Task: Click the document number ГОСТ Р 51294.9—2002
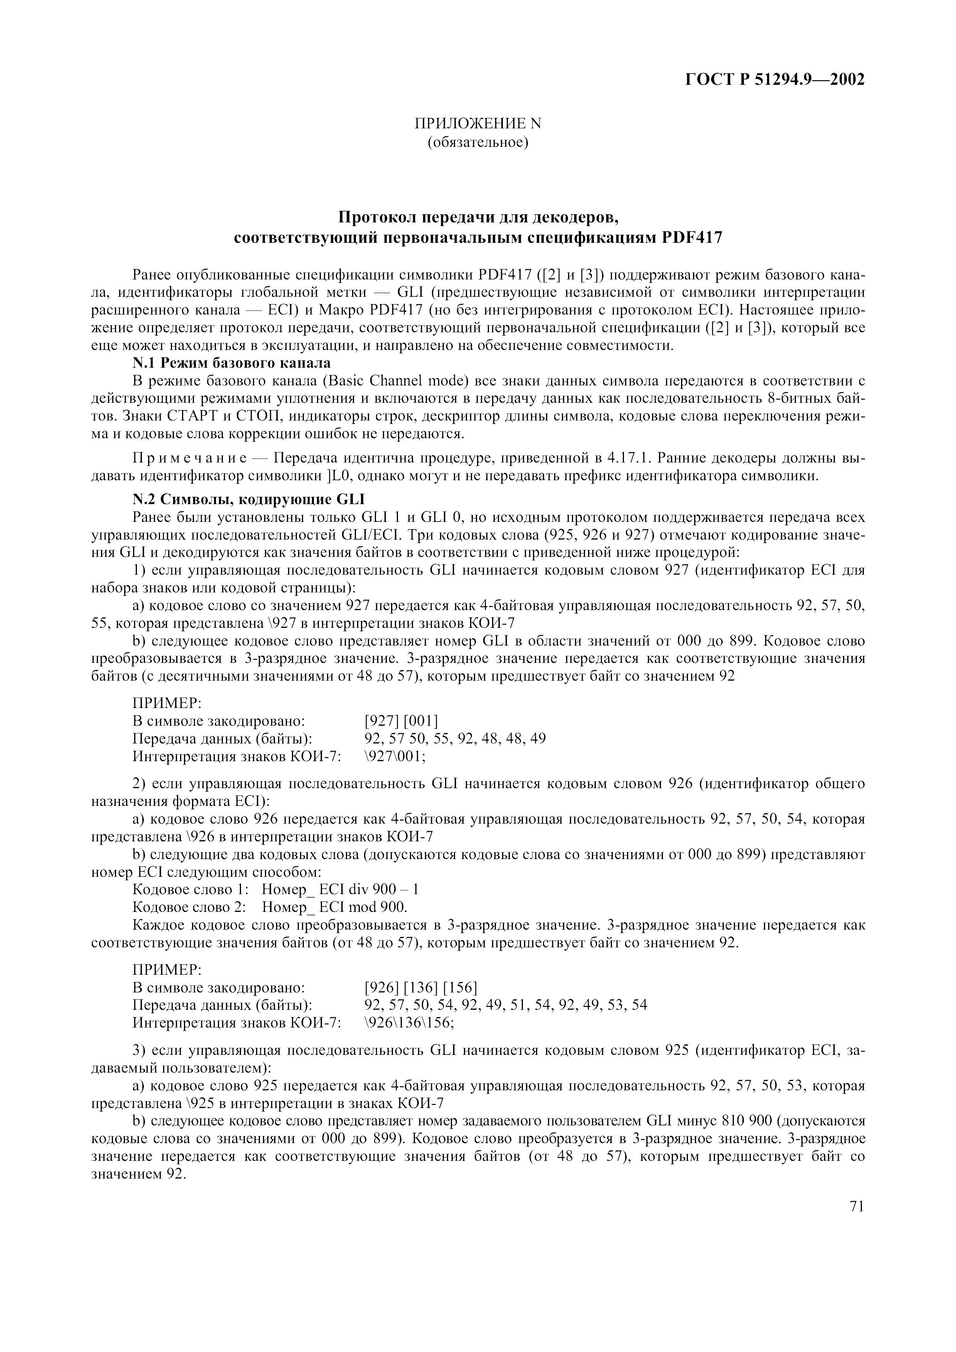click(775, 79)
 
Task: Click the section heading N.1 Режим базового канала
click(231, 362)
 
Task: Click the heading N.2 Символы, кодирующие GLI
click(249, 499)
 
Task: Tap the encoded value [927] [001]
click(401, 721)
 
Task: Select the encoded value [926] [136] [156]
click(421, 987)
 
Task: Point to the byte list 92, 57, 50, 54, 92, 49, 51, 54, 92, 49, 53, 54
click(506, 1005)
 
